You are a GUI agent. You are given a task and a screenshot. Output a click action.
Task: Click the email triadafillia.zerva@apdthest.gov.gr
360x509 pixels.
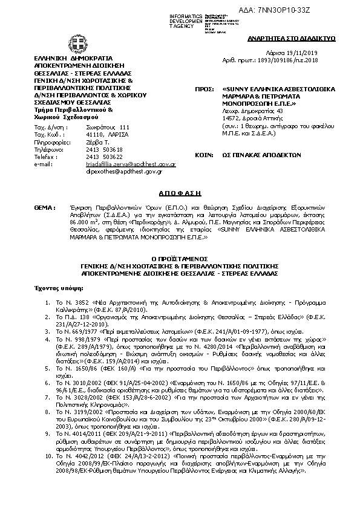122,164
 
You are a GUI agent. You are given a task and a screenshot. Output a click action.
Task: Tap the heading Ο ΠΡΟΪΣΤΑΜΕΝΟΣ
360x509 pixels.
180,256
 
